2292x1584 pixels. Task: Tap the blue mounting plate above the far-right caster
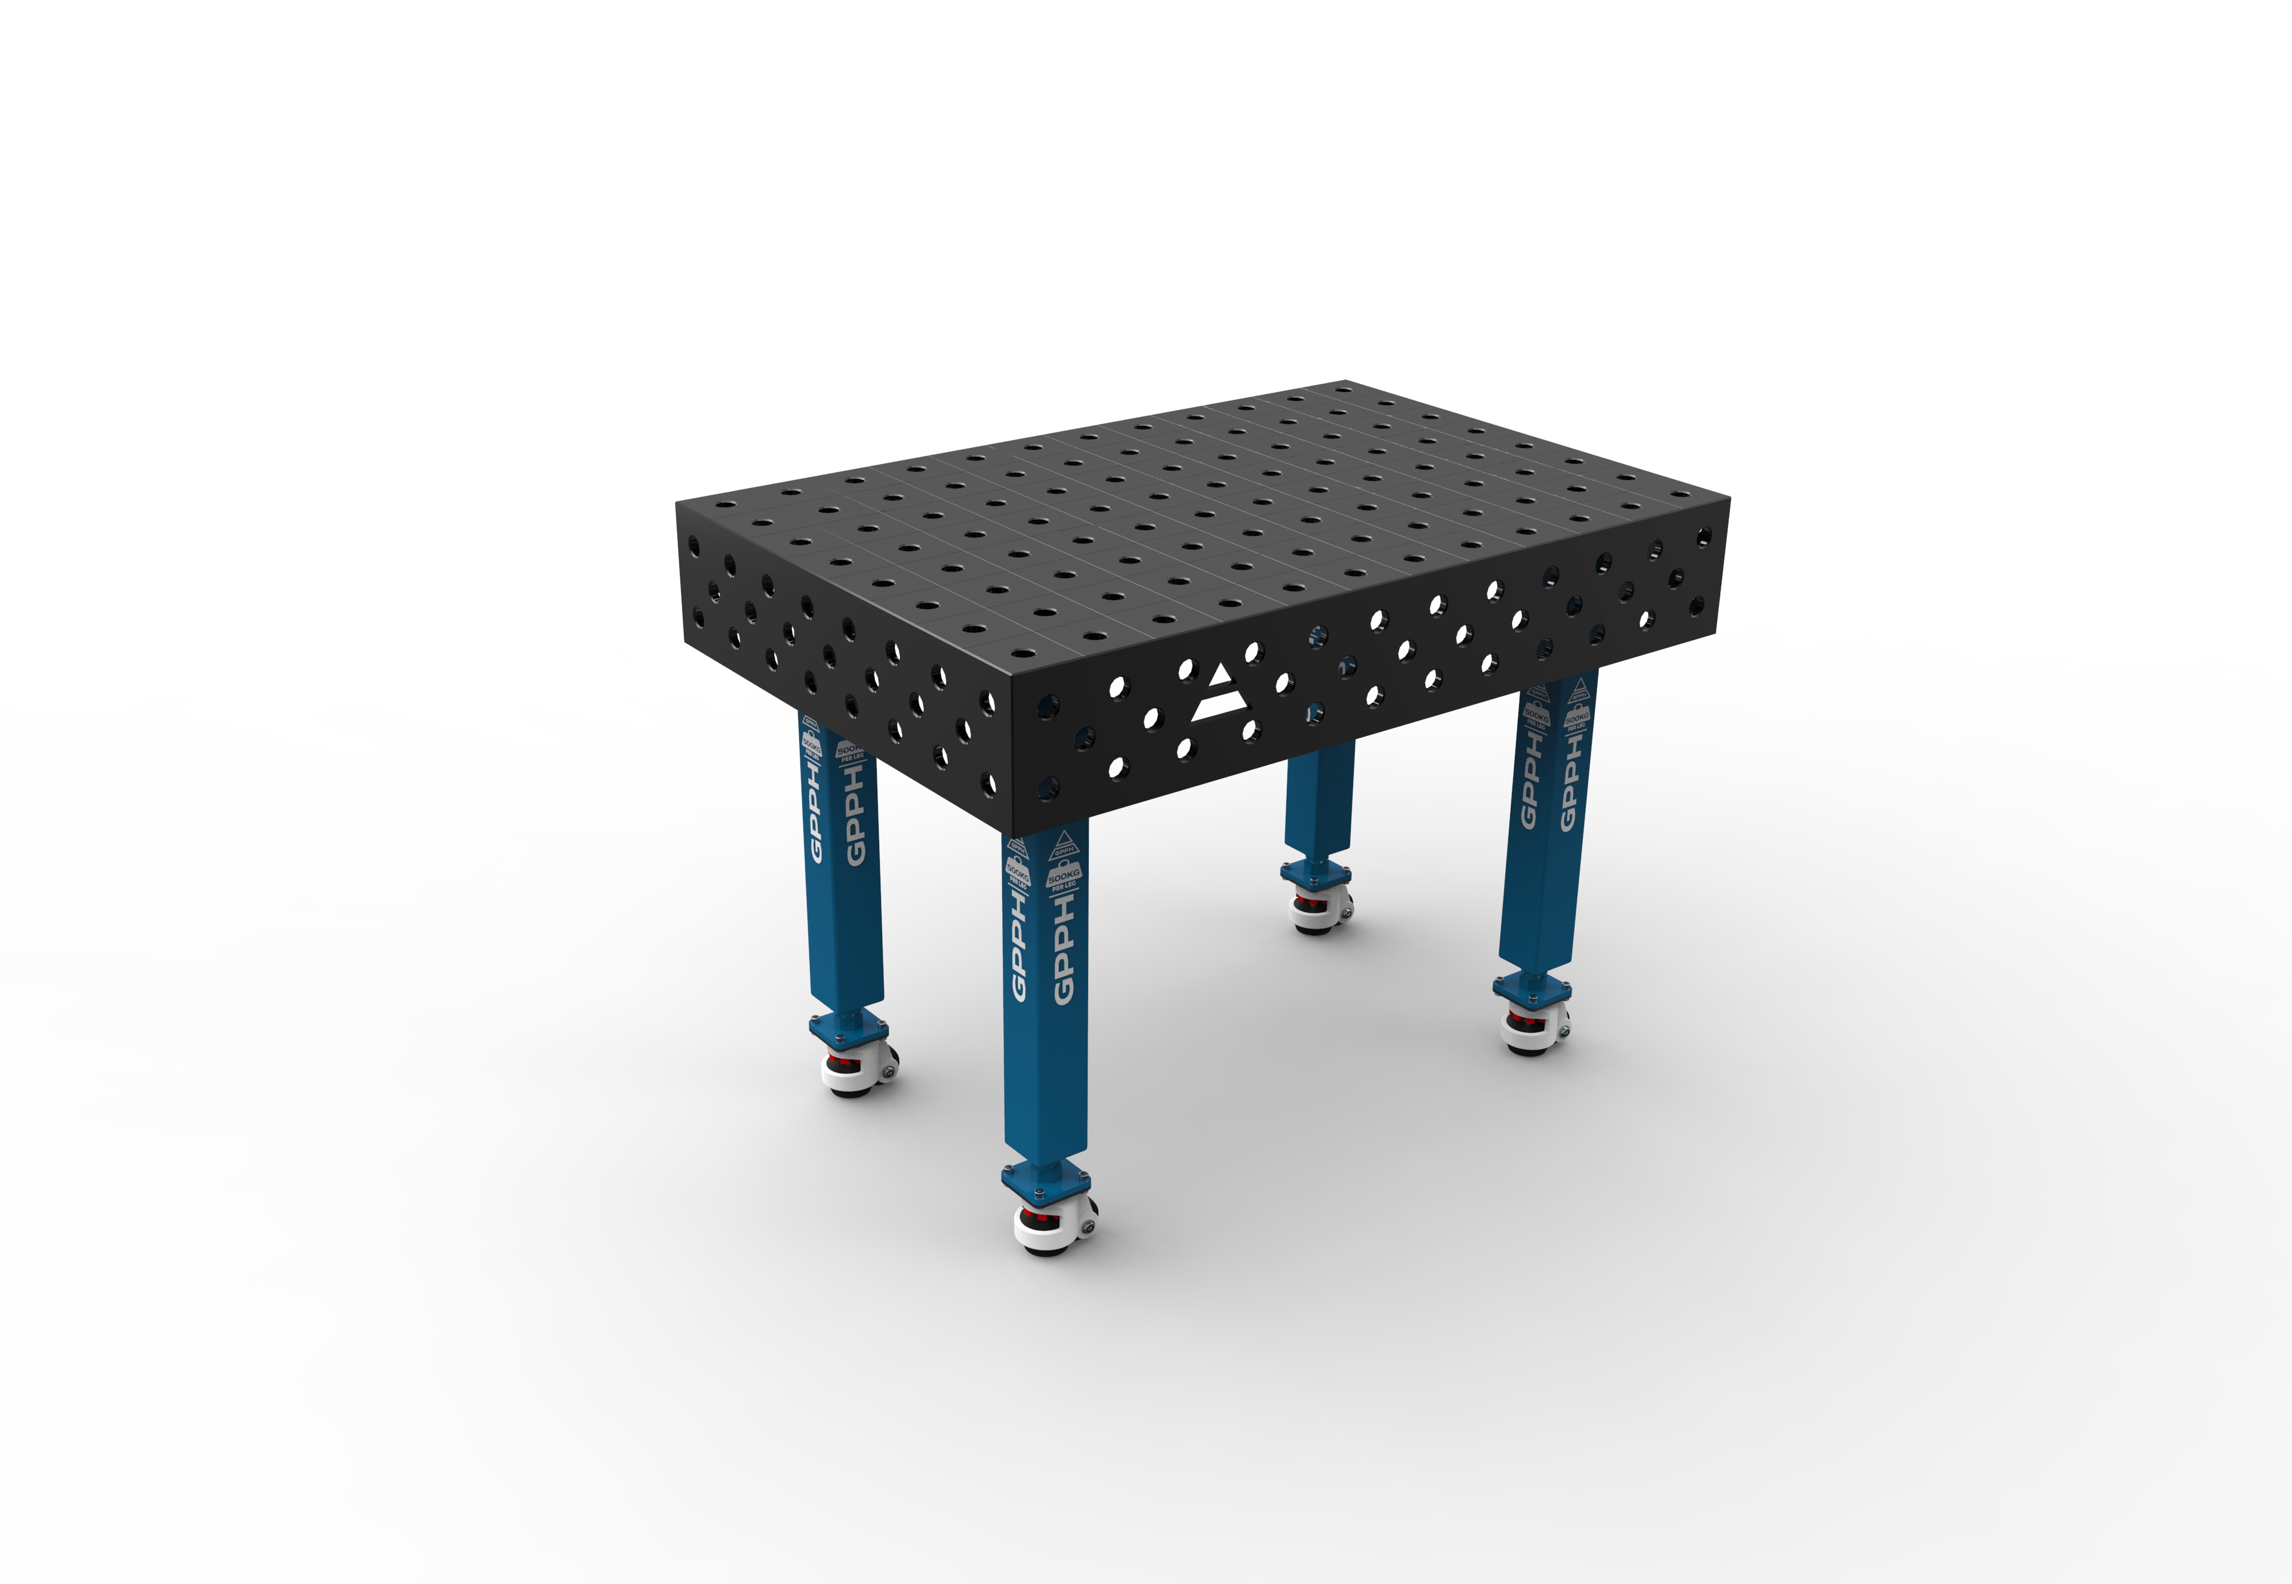click(x=1533, y=987)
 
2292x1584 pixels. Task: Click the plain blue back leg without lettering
click(x=1318, y=804)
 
